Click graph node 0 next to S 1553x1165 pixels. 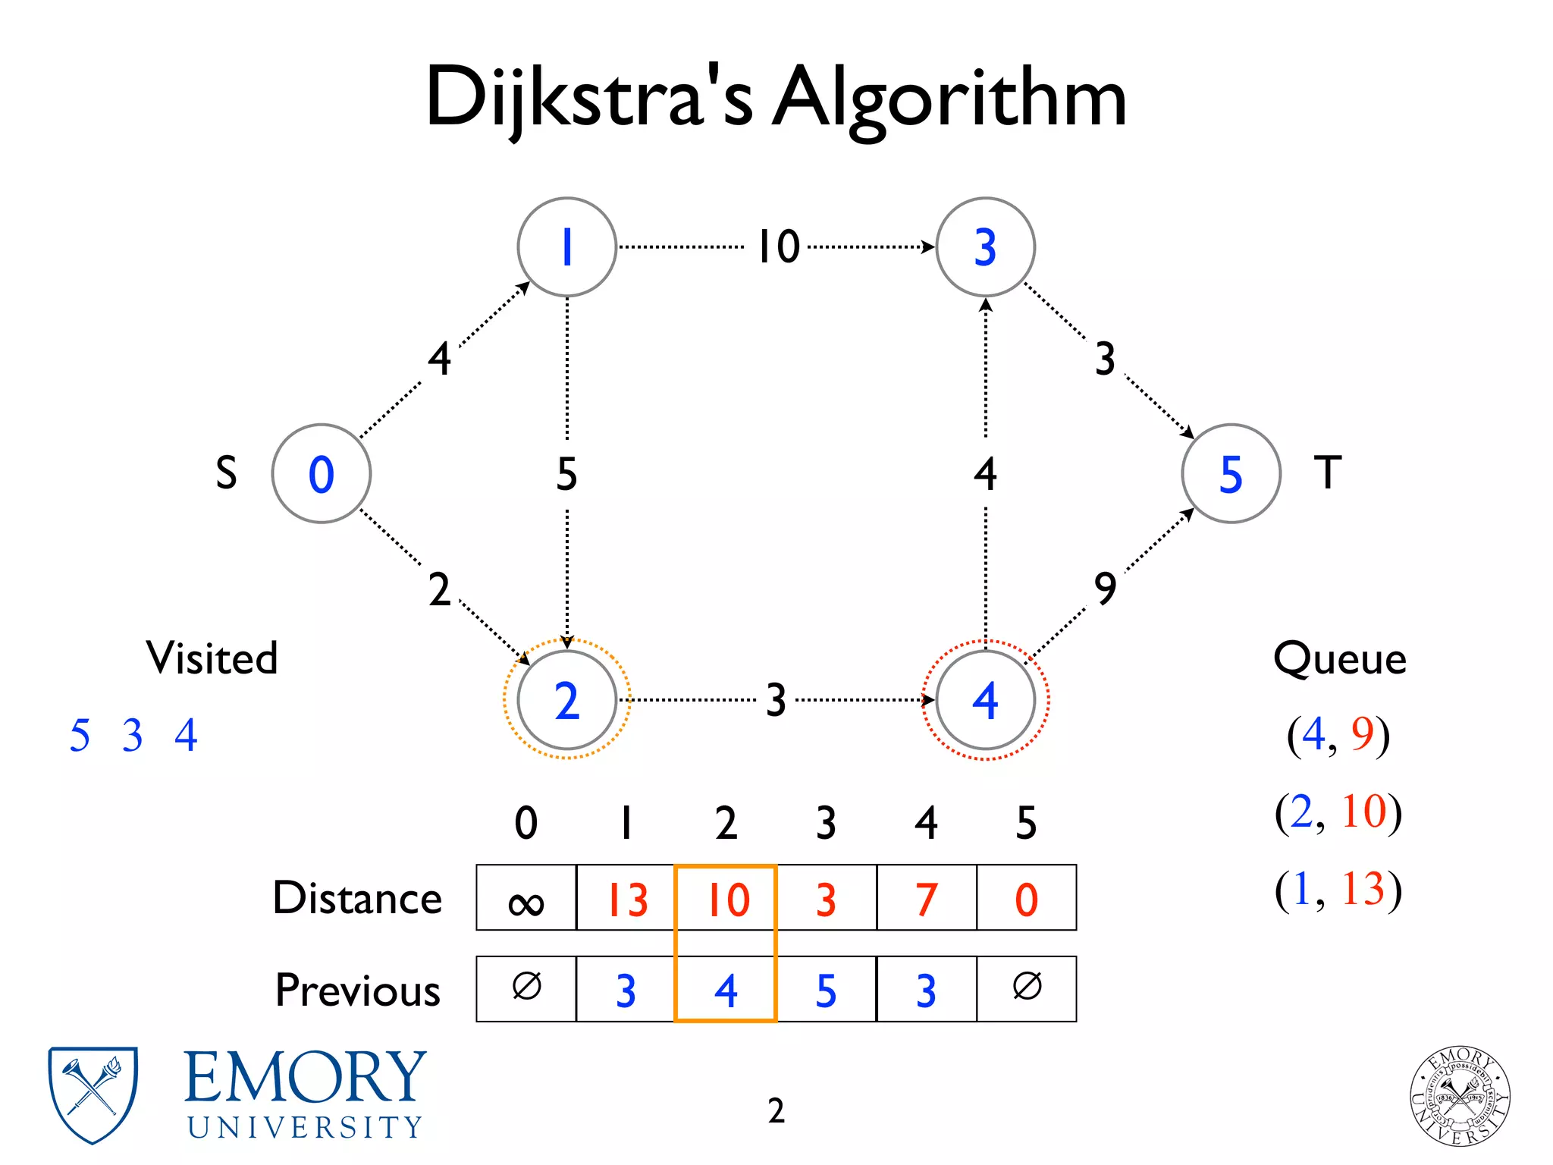click(x=322, y=473)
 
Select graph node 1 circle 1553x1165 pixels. click(x=566, y=247)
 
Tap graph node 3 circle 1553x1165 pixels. click(x=985, y=247)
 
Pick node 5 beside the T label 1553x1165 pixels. click(x=1231, y=473)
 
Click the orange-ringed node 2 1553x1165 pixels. click(x=566, y=699)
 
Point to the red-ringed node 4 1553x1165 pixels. click(x=985, y=699)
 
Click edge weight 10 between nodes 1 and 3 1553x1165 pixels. click(x=779, y=247)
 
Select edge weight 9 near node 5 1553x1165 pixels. click(x=1105, y=588)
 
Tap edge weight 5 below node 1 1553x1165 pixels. click(x=566, y=474)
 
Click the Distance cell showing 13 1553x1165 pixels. click(x=626, y=898)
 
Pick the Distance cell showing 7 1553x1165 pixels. click(x=926, y=898)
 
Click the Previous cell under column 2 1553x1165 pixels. click(x=726, y=989)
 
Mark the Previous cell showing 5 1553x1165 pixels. click(x=826, y=989)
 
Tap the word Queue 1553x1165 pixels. click(x=1339, y=658)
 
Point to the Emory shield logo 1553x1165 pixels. click(x=93, y=1094)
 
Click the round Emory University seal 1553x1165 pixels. click(x=1460, y=1095)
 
